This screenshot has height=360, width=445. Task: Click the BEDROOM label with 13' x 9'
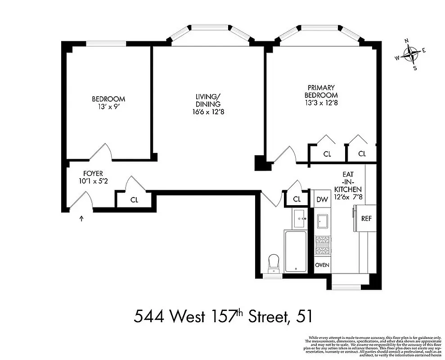pos(108,103)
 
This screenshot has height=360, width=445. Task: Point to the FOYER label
pos(93,177)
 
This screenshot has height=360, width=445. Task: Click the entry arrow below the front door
pos(81,219)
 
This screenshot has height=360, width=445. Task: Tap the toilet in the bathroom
pos(273,262)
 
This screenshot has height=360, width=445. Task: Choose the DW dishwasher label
pos(322,199)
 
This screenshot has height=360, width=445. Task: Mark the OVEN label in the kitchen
pos(322,265)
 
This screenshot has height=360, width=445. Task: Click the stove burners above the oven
pos(322,245)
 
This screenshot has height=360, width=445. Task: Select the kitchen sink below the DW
pos(322,221)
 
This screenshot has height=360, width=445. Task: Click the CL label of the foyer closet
pos(134,200)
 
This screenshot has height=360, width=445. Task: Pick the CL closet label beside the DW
pos(297,199)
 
